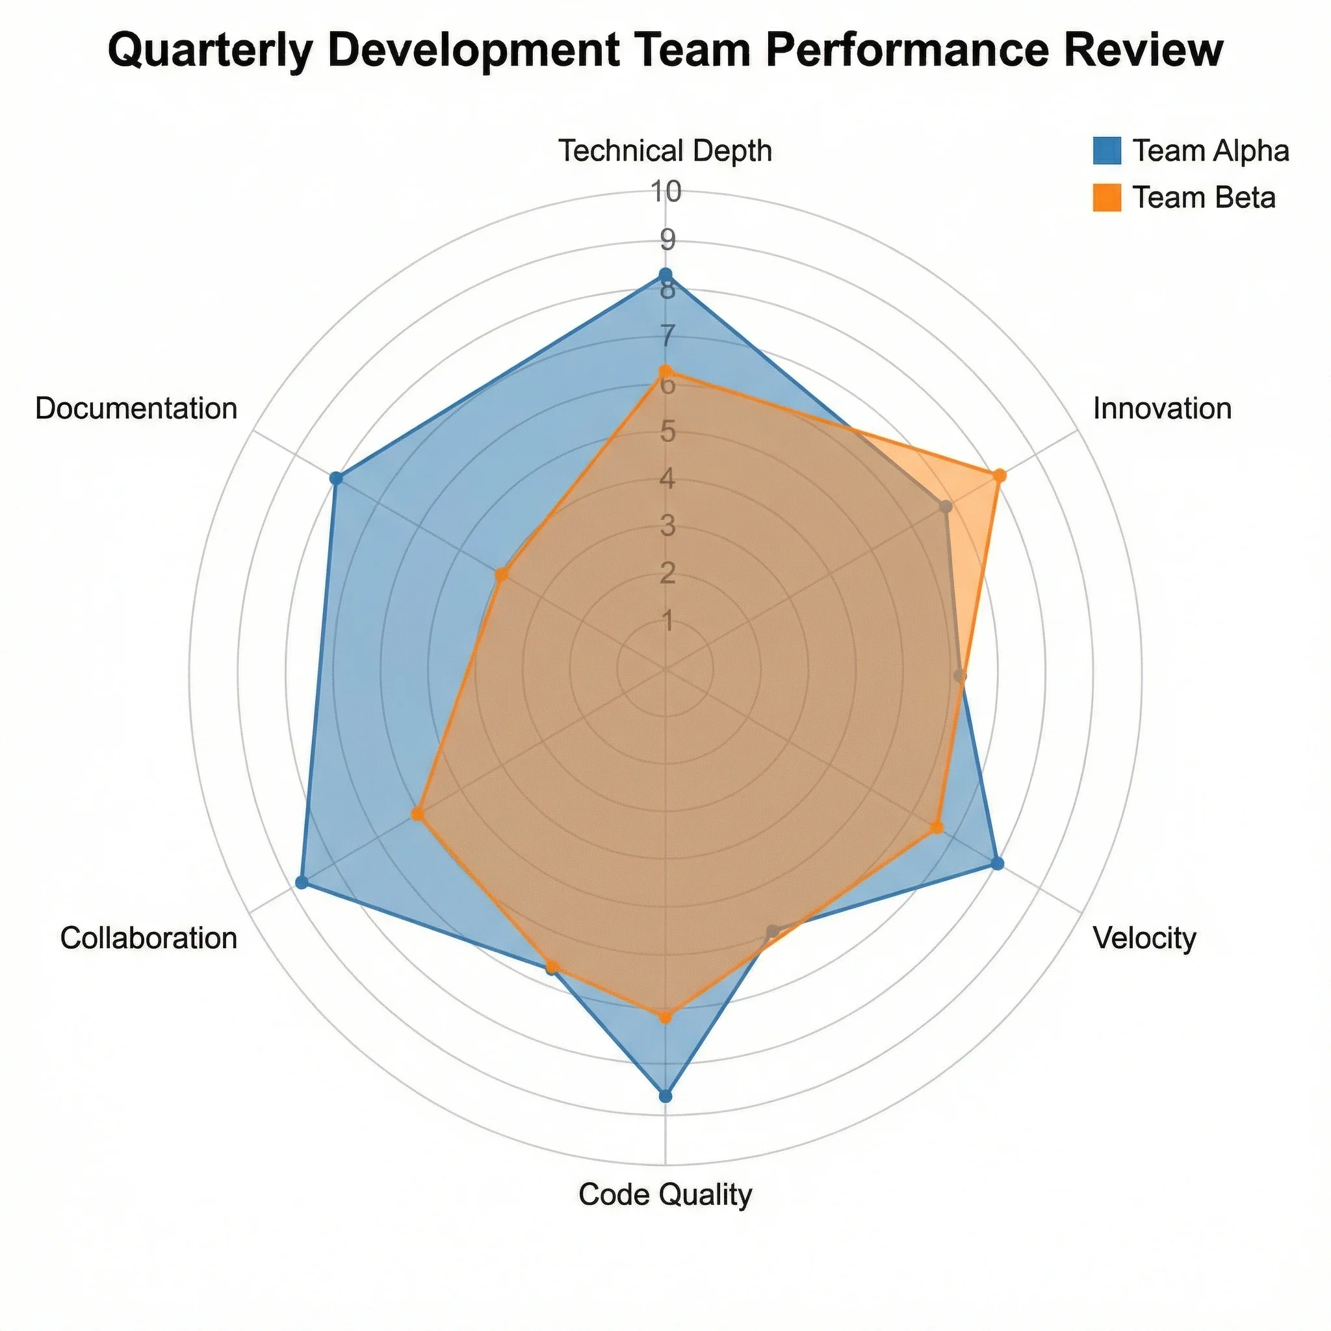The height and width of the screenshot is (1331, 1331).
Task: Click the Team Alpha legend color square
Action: (1106, 151)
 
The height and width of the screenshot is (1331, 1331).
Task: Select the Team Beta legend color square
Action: (1106, 198)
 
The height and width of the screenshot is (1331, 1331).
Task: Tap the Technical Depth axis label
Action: (665, 151)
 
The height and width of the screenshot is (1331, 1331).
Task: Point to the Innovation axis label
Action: (1162, 409)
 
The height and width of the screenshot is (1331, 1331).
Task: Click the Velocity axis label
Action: (1144, 938)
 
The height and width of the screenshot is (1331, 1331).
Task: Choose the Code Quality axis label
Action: (665, 1195)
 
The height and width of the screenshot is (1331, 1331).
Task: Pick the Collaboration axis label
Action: (149, 938)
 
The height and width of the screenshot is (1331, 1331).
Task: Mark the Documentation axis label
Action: (136, 409)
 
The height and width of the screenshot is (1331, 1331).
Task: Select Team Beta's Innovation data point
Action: (1000, 475)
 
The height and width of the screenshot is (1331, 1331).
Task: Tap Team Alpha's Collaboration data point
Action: (300, 881)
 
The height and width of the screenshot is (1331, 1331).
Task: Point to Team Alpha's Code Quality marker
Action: (665, 1096)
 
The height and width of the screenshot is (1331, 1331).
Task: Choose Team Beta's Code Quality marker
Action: (665, 1017)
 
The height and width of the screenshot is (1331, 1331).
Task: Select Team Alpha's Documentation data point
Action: (335, 478)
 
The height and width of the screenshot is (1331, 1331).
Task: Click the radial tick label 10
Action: (667, 192)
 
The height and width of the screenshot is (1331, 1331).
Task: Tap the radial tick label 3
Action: (667, 526)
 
